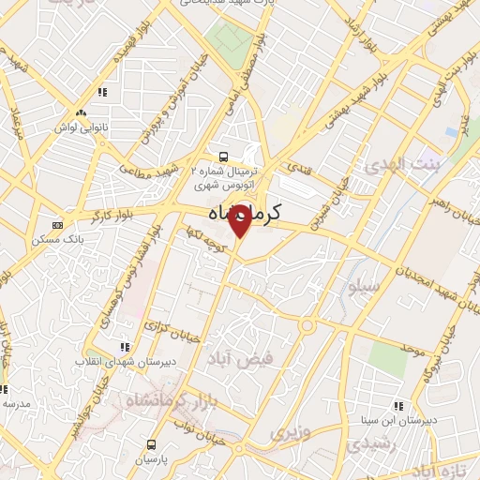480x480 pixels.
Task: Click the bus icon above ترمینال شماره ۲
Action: click(223, 157)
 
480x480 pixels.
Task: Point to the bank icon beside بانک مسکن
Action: click(58, 225)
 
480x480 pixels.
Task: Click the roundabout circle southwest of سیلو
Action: click(307, 326)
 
